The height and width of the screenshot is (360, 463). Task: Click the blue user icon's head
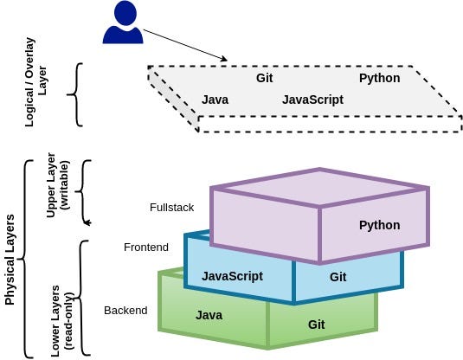[x=125, y=13]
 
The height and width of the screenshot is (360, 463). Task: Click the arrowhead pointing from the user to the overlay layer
[x=224, y=59]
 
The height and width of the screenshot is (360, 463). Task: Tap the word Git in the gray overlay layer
[x=264, y=78]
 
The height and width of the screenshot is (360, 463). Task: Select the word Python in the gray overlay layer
[x=379, y=78]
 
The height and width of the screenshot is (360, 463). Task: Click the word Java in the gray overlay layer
[x=215, y=100]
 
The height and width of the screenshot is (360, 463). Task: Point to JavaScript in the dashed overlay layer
[x=312, y=100]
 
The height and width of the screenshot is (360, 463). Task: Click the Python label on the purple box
[x=379, y=225]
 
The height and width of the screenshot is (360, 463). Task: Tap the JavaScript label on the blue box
[x=232, y=276]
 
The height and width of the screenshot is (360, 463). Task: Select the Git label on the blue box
[x=338, y=277]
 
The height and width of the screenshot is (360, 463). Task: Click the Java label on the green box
[x=209, y=315]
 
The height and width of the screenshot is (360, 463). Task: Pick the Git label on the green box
[x=316, y=325]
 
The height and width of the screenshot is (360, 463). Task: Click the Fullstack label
[x=171, y=208]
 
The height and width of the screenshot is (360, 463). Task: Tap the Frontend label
[x=146, y=247]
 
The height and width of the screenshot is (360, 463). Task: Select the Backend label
[x=125, y=311]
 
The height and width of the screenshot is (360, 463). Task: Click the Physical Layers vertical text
[x=10, y=260]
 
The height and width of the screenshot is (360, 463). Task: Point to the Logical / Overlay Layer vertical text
[x=35, y=82]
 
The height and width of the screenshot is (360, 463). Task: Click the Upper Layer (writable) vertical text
[x=58, y=185]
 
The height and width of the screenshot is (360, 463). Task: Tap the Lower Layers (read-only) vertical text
[x=61, y=321]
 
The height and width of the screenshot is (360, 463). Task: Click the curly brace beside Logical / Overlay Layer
[x=75, y=94]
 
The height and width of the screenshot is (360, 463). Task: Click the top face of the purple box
[x=319, y=188]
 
